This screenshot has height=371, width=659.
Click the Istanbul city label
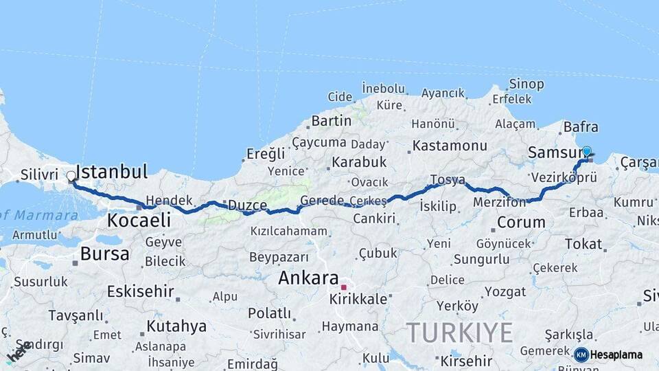pos(111,172)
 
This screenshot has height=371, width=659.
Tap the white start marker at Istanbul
pos(71,177)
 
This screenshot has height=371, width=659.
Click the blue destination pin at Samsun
pos(586,151)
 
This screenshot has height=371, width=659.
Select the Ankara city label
pos(308,279)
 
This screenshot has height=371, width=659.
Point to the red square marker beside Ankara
pos(343,286)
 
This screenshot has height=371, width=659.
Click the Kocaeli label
pos(139,221)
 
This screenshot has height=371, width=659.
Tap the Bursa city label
pos(104,254)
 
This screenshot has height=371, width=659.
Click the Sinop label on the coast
pos(527,85)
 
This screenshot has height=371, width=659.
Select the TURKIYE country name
pos(459,333)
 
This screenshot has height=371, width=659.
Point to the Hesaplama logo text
pos(616,355)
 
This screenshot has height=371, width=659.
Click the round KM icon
pos(581,355)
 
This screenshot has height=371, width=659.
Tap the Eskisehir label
pos(139,291)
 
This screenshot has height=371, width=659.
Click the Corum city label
pos(521,222)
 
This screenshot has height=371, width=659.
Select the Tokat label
pos(583,244)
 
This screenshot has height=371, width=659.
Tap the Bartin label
pos(332,121)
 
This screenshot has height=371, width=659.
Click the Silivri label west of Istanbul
pos(39,175)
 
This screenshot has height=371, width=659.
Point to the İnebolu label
pos(384,89)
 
